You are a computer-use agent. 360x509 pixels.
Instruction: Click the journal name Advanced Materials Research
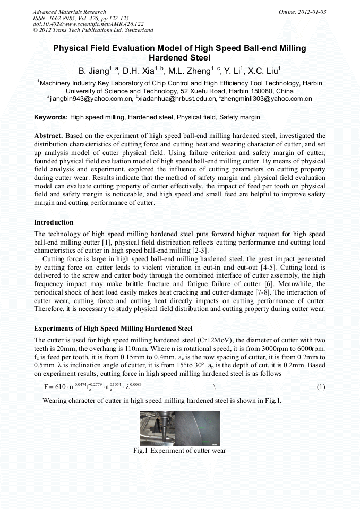(x=69, y=12)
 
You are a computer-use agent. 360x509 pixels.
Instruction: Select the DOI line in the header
(x=88, y=24)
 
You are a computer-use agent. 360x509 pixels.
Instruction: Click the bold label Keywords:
(x=51, y=117)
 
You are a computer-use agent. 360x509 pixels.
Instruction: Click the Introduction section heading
(x=54, y=222)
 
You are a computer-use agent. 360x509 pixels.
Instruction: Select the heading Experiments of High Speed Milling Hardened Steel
(x=113, y=328)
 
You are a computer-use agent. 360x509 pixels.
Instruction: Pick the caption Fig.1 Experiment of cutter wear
(x=179, y=451)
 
